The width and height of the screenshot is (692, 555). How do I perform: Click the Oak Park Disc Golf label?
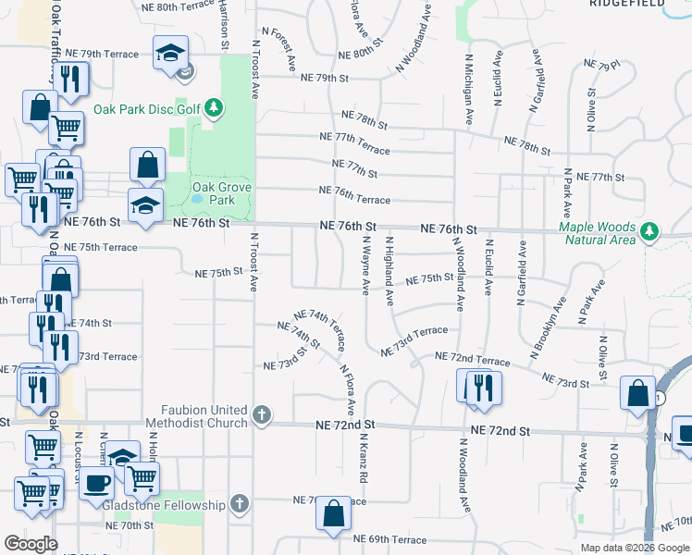147,109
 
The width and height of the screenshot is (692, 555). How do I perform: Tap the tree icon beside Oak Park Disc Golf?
214,109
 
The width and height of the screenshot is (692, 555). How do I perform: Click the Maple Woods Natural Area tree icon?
649,228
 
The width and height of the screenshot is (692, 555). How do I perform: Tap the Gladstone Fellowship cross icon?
240,505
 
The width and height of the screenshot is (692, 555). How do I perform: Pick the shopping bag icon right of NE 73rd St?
637,391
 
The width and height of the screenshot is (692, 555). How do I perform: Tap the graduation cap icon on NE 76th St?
145,206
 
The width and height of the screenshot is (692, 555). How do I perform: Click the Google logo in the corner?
31,544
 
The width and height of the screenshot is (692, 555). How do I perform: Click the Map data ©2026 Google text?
635,548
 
